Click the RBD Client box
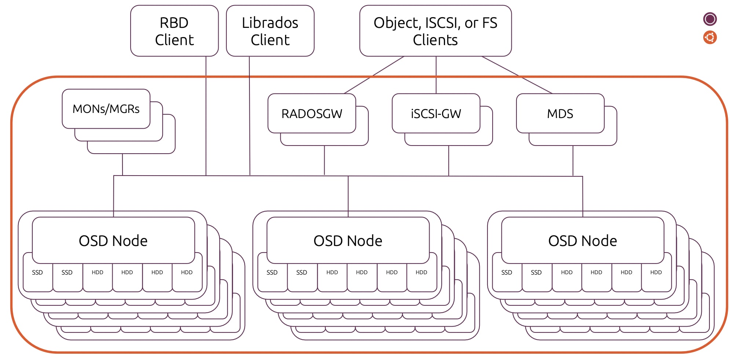coord(174,31)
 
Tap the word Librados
coord(270,23)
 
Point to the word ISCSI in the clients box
coord(442,23)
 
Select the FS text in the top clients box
coord(490,23)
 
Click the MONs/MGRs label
coord(106,109)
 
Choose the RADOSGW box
coord(312,114)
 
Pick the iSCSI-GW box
coord(436,114)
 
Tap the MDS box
coord(560,114)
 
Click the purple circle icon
coord(710,19)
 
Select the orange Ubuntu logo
coord(710,37)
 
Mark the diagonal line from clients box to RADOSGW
coord(374,75)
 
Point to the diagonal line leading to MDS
coord(517,75)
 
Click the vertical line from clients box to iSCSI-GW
coord(436,75)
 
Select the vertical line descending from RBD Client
coord(206,117)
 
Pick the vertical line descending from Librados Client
coord(249,117)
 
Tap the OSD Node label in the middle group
coord(348,241)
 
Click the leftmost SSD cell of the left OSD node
coord(37,273)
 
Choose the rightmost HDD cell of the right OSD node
coord(656,273)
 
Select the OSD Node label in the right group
coord(583,241)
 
